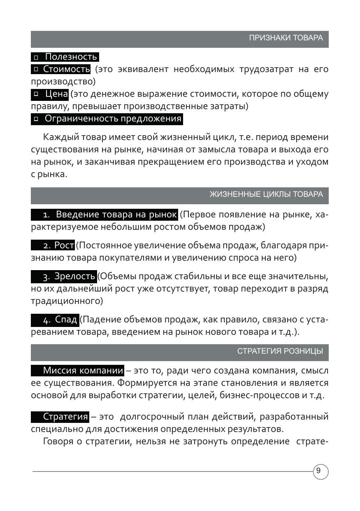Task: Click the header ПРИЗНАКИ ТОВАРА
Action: tap(286, 38)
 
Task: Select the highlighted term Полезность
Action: tap(71, 57)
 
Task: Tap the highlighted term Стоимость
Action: tap(66, 69)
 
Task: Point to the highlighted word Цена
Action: tap(57, 94)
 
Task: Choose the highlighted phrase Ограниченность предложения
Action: tap(113, 119)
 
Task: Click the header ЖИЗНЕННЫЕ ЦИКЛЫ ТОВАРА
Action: tap(266, 194)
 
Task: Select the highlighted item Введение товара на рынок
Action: tap(116, 215)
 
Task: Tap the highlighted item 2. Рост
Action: tap(64, 245)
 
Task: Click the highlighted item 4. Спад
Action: tap(66, 320)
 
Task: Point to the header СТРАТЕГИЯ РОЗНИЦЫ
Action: tap(280, 351)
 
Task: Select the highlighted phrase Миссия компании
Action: tap(83, 371)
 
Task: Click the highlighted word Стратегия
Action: tap(66, 417)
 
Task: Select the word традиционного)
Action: tap(67, 301)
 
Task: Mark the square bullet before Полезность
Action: tap(36, 57)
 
